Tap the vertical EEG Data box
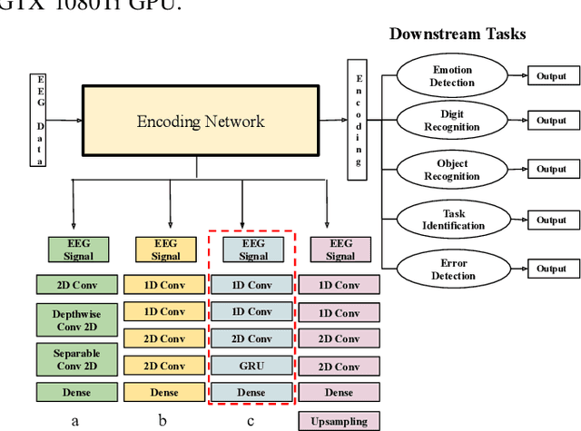click(39, 122)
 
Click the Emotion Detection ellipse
click(452, 75)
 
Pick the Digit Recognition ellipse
click(452, 121)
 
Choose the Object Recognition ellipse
click(452, 170)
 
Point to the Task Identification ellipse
click(452, 220)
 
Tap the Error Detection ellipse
click(452, 269)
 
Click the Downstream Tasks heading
click(457, 34)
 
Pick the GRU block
click(253, 366)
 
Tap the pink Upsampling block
click(340, 421)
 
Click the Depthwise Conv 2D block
click(76, 318)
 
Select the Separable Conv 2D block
click(76, 358)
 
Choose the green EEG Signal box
click(76, 249)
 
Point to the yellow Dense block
click(165, 393)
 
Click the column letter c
click(252, 420)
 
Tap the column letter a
click(76, 420)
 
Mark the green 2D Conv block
click(76, 284)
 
